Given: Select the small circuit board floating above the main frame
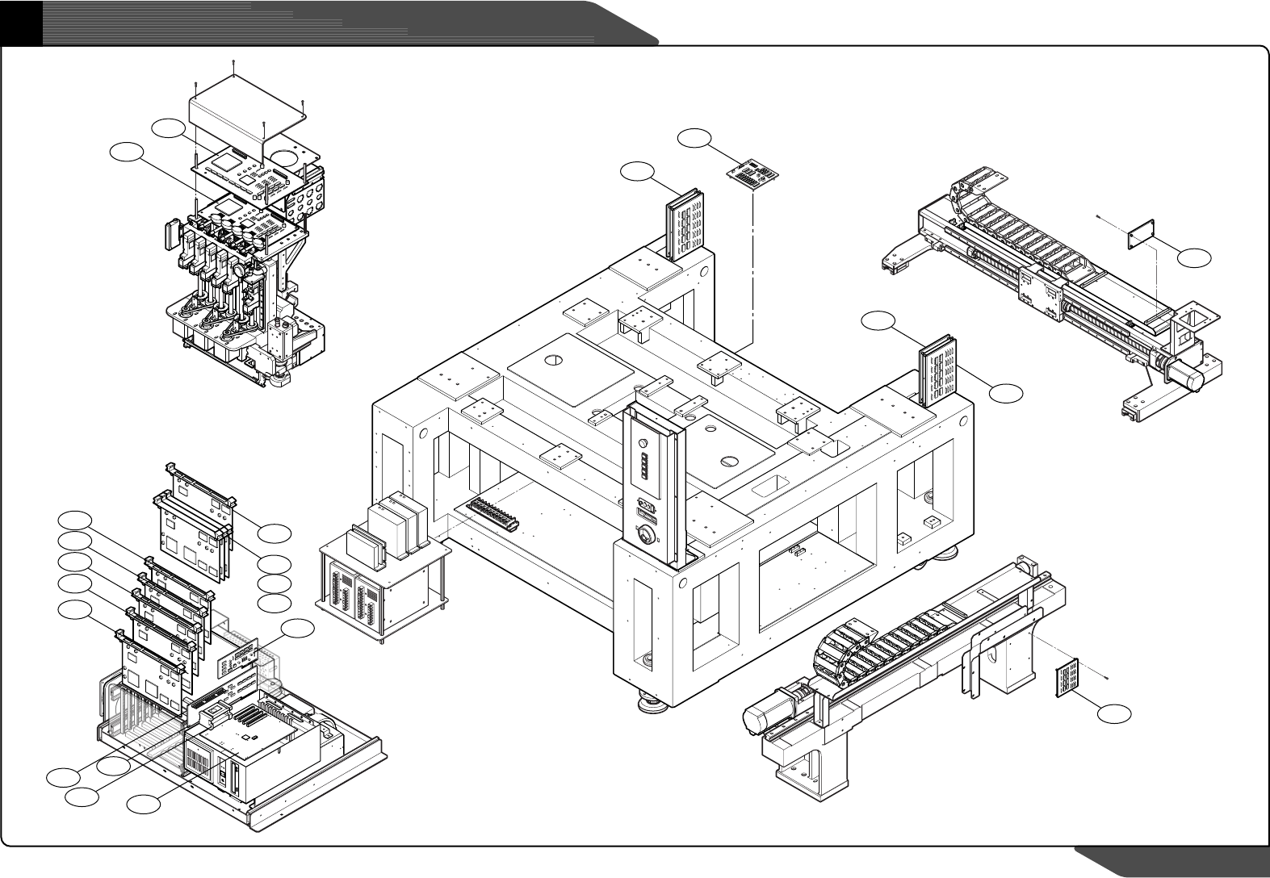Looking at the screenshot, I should [752, 175].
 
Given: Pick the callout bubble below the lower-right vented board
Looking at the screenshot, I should [1114, 713].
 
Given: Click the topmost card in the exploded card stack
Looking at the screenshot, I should [199, 491].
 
